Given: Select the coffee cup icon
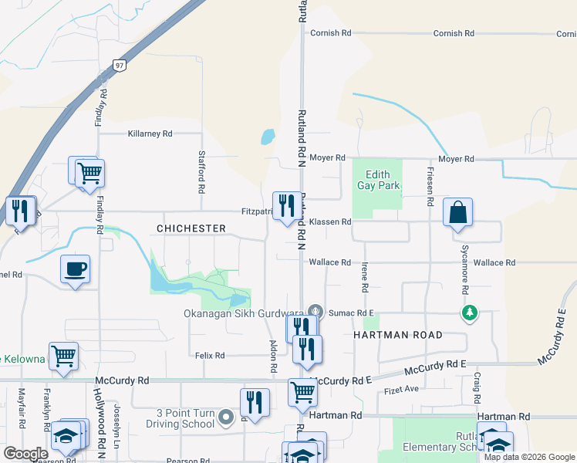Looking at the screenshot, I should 76,269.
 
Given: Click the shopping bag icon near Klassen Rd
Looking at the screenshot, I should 457,212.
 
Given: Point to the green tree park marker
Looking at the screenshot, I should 469,313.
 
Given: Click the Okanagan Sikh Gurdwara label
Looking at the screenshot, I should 243,313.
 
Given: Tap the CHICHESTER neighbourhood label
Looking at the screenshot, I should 191,228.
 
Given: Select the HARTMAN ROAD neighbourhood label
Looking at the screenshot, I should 397,335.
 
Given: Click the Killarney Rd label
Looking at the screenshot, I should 150,133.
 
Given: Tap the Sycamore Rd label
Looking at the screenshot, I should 464,269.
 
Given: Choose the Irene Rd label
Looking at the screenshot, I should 364,276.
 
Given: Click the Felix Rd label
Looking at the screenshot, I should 210,356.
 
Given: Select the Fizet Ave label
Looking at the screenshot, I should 401,389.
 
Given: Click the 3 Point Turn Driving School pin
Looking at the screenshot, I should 225,417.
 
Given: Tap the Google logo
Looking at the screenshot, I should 25,454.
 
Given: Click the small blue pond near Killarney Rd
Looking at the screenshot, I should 268,137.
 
